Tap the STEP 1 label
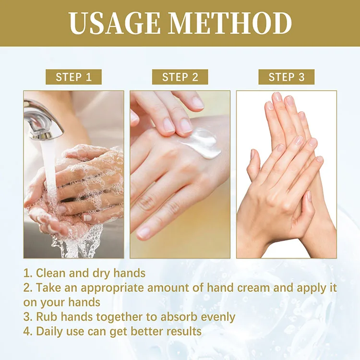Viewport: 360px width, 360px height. click(73, 77)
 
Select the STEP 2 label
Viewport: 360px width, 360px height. click(180, 77)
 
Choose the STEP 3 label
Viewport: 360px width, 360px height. click(287, 77)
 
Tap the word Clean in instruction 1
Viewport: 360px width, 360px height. click(51, 274)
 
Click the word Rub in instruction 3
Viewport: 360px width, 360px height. click(46, 317)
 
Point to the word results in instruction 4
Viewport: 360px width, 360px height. click(182, 331)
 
